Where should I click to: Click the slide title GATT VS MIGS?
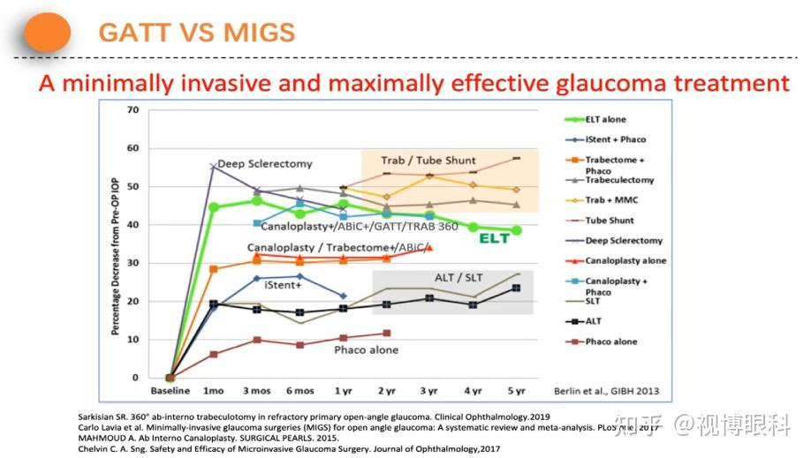pyautogui.click(x=197, y=34)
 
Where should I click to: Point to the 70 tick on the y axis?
pyautogui.click(x=133, y=110)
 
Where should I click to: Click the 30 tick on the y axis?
pyautogui.click(x=133, y=263)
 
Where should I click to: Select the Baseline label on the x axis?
pyautogui.click(x=171, y=391)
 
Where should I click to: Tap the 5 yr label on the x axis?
pyautogui.click(x=516, y=391)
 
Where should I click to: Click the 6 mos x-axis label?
pyautogui.click(x=299, y=391)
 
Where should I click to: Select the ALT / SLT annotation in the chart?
pyautogui.click(x=458, y=279)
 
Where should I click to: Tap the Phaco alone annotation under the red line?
pyautogui.click(x=366, y=349)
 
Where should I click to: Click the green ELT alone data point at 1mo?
pyautogui.click(x=213, y=207)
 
